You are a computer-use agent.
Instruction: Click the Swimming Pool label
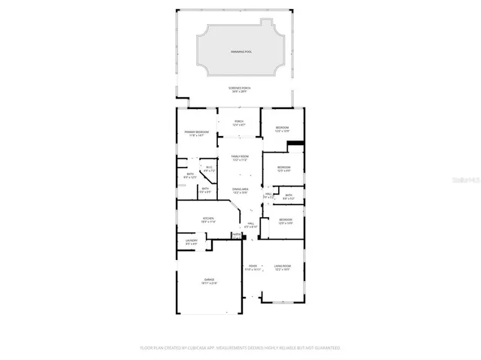(240, 52)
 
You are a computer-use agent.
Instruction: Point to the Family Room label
(240, 157)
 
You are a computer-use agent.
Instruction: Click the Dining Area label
(240, 190)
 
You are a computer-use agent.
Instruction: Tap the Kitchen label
(208, 219)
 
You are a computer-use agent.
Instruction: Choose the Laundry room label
(191, 242)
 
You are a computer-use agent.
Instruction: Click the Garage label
(209, 280)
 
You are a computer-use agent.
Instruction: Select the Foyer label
(253, 267)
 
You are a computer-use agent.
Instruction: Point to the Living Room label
(283, 267)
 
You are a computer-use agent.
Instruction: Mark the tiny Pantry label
(236, 235)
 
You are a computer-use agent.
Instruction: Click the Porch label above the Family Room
(239, 123)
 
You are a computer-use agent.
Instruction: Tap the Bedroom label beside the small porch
(282, 129)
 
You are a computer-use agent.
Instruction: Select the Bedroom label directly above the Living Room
(286, 221)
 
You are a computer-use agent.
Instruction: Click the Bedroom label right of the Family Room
(283, 168)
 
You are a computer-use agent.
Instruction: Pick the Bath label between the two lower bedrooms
(289, 196)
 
